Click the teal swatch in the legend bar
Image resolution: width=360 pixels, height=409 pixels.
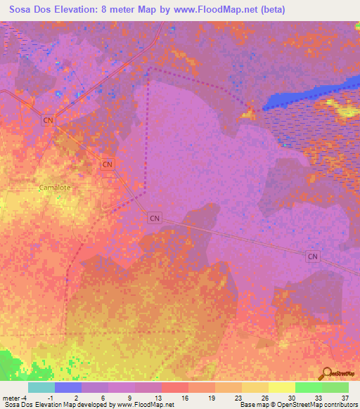pyautogui.click(x=41, y=387)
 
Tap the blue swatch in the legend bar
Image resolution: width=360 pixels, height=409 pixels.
pyautogui.click(x=67, y=387)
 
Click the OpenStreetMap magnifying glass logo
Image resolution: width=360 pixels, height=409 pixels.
pyautogui.click(x=326, y=374)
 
